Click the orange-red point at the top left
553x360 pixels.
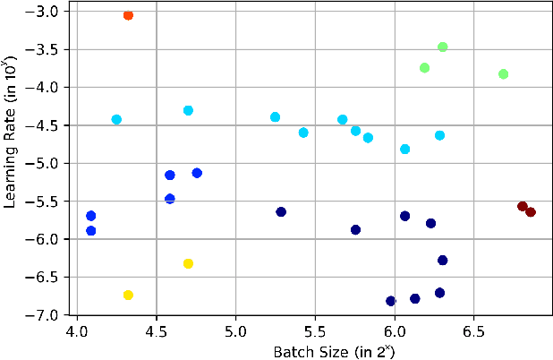point(128,15)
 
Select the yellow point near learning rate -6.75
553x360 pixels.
point(128,295)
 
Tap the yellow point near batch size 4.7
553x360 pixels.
point(188,263)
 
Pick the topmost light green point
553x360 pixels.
point(442,47)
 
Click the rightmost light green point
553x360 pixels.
point(503,73)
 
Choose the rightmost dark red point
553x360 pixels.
point(531,212)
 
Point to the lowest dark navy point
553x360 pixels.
point(390,301)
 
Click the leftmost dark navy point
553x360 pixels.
point(281,212)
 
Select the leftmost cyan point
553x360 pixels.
point(116,119)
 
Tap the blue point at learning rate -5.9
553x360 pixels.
point(90,231)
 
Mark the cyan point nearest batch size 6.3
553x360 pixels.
point(439,135)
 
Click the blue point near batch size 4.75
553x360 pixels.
point(197,173)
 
